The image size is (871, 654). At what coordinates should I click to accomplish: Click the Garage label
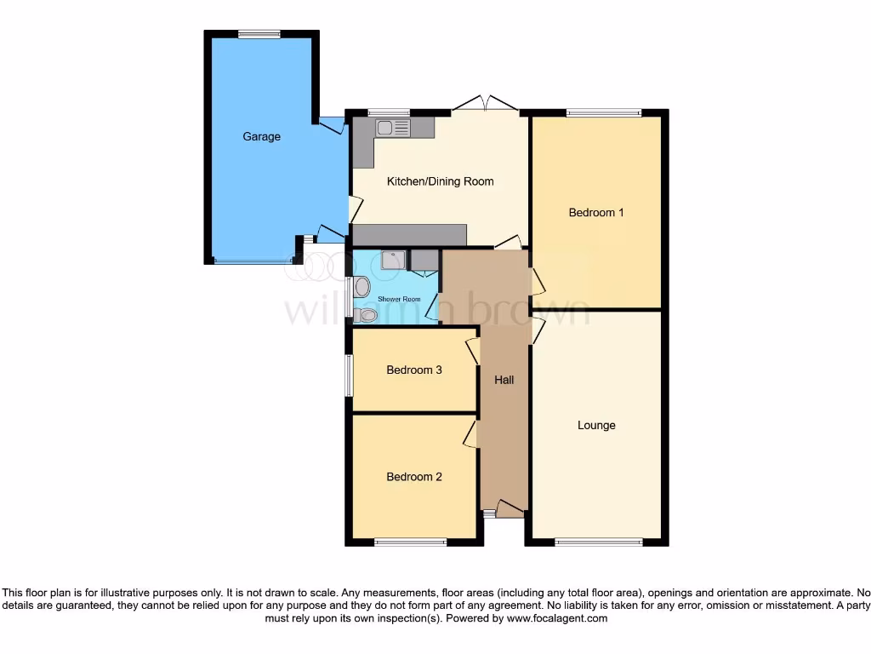coord(261,136)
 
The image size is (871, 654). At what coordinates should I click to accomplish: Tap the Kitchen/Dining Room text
coord(440,181)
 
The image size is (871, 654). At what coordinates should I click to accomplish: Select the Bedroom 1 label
coord(595,212)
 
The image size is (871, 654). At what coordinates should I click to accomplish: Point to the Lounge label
coord(595,425)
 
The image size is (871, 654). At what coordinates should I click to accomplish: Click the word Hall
coord(504,380)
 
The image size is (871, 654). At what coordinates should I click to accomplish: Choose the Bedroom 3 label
coord(413,370)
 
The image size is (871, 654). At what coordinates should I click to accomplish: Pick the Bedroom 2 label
coord(413,477)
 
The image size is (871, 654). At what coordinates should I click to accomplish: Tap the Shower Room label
coord(399,299)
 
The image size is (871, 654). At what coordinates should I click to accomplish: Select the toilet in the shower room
coord(367,315)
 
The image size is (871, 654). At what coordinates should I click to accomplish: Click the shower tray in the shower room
coord(393,260)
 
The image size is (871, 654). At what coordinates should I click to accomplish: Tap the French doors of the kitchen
coord(485,104)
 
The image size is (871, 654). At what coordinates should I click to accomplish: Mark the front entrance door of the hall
coord(510,510)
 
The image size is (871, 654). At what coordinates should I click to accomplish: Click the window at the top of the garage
coord(259,34)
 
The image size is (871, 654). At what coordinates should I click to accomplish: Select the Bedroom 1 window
coord(604,112)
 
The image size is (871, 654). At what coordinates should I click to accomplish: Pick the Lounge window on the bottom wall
coord(599,542)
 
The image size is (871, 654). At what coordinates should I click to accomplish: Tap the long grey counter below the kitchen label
coord(409,235)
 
